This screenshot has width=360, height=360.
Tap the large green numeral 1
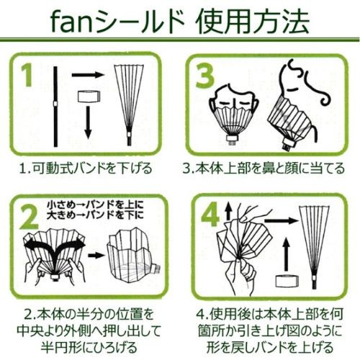[28, 74]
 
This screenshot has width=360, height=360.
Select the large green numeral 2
[29, 217]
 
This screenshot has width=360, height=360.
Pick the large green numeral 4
[210, 214]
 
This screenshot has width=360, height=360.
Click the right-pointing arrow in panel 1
[87, 74]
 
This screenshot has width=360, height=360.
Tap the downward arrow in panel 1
[89, 122]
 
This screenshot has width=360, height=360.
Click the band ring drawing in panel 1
[89, 96]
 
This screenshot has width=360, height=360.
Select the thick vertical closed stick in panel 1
[55, 107]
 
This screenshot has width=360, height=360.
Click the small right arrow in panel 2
[96, 255]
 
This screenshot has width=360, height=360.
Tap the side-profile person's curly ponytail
[315, 81]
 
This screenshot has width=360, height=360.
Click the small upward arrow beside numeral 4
[228, 211]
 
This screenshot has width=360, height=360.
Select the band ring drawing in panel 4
[287, 282]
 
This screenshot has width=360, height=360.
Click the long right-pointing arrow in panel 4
[281, 220]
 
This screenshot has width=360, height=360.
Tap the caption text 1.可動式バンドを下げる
[86, 168]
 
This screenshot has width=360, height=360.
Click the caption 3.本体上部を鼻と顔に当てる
[264, 168]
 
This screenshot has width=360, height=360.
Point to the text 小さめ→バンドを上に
[95, 204]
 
